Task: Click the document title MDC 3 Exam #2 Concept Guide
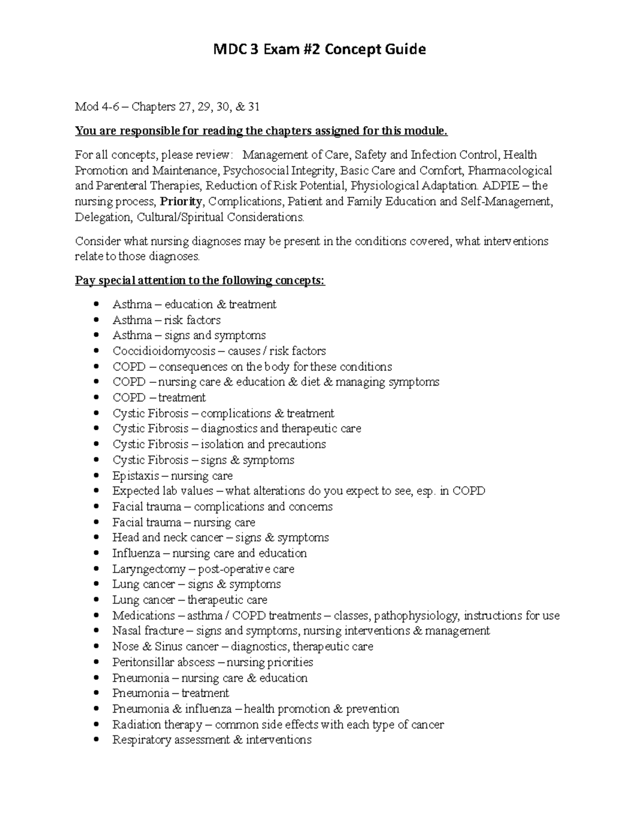pos(319,50)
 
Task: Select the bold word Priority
pos(181,202)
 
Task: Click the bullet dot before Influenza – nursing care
pos(96,554)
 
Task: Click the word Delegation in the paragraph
pos(102,217)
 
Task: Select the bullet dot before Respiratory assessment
pos(96,740)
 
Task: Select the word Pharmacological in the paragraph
pos(510,170)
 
